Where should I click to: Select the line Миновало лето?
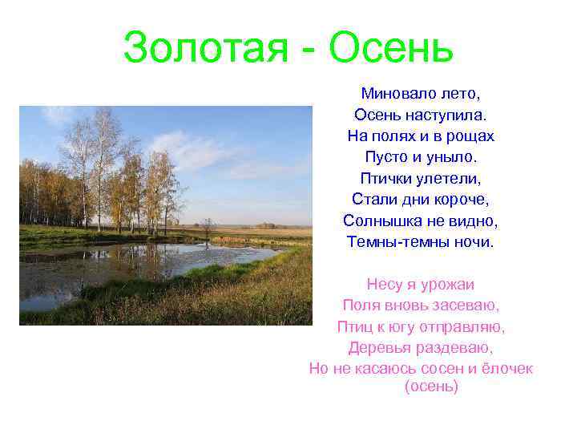coord(421,95)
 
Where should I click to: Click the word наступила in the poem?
coord(454,115)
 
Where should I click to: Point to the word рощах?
coord(474,136)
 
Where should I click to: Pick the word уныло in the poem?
coord(450,157)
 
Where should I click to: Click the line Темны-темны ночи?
coord(421,241)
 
